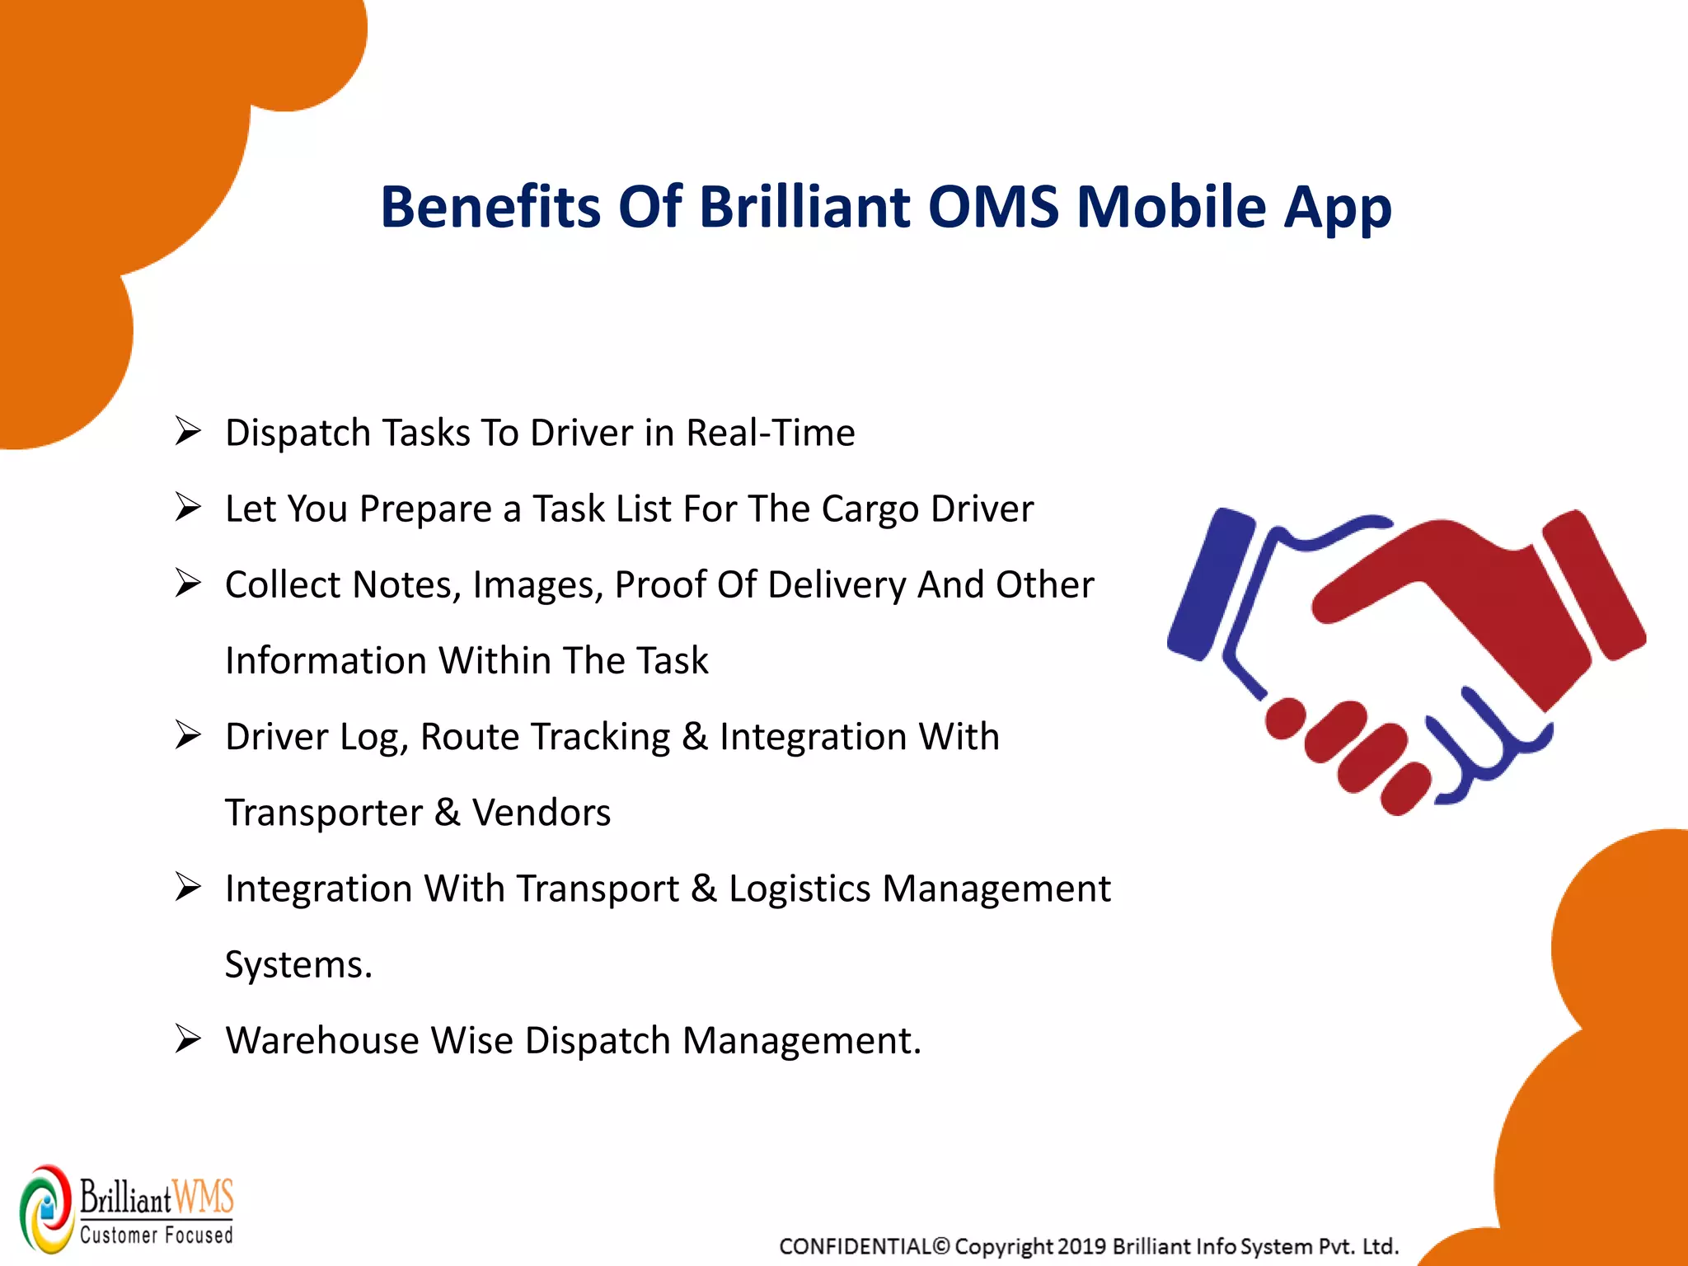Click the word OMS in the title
[x=993, y=206]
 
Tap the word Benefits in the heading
[x=490, y=206]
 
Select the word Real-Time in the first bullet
[x=771, y=433]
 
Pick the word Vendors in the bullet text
[x=541, y=813]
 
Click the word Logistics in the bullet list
[x=799, y=889]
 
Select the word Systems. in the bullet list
[x=298, y=964]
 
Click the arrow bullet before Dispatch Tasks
[x=188, y=431]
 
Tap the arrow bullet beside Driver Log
[x=188, y=734]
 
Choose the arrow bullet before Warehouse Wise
[x=188, y=1039]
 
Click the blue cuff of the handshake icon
[x=1210, y=584]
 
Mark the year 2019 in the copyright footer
[x=1081, y=1246]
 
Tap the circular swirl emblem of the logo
[x=47, y=1207]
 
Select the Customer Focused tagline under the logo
[x=157, y=1235]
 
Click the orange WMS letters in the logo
[x=204, y=1197]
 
